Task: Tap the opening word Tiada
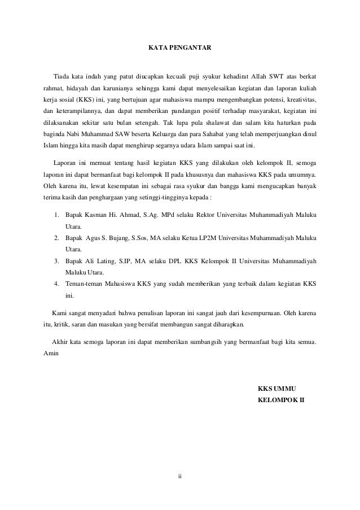pos(61,76)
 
